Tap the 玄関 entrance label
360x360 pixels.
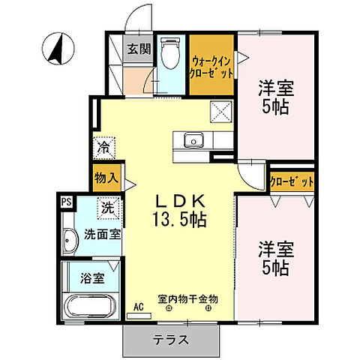(137, 50)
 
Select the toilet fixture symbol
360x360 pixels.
(169, 55)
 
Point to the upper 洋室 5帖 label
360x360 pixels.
(275, 95)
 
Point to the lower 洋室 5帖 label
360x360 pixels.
(275, 257)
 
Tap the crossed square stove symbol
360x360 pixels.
(222, 112)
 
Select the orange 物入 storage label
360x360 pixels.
(105, 179)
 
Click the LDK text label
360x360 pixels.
(181, 201)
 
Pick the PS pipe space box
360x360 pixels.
(67, 201)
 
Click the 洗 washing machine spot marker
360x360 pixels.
(107, 205)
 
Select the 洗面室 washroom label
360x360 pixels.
(102, 234)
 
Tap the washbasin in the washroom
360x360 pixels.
(70, 241)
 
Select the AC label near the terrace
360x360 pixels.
(138, 306)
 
